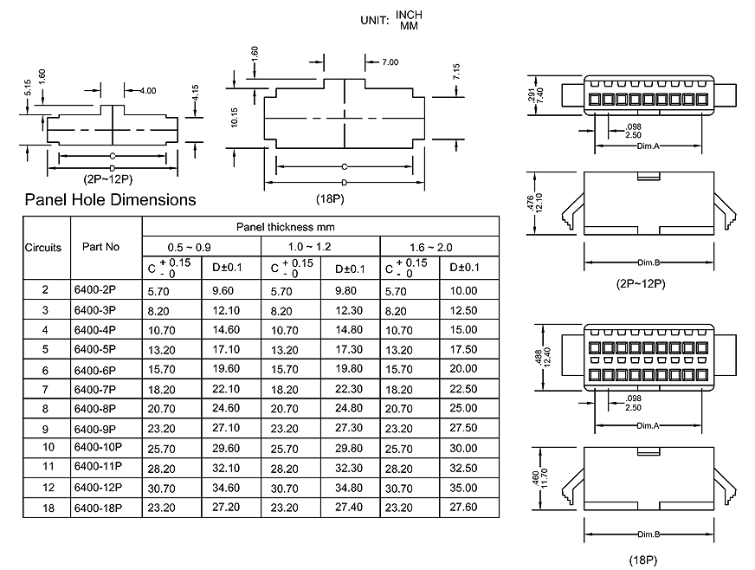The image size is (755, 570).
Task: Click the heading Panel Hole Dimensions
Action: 110,200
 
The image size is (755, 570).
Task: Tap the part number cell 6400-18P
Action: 98,508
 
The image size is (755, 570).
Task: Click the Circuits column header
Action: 43,247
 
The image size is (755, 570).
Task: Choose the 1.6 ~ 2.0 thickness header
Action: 439,247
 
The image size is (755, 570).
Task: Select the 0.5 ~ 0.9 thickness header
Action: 201,247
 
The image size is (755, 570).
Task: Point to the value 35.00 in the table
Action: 463,488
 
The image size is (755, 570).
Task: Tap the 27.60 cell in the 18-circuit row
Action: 463,508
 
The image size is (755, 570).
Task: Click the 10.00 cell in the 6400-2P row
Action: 463,291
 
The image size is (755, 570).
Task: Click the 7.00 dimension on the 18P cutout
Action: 389,62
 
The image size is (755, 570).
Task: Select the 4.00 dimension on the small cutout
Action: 148,90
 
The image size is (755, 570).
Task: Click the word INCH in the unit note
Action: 410,16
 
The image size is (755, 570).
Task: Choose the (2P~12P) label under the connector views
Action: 640,283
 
